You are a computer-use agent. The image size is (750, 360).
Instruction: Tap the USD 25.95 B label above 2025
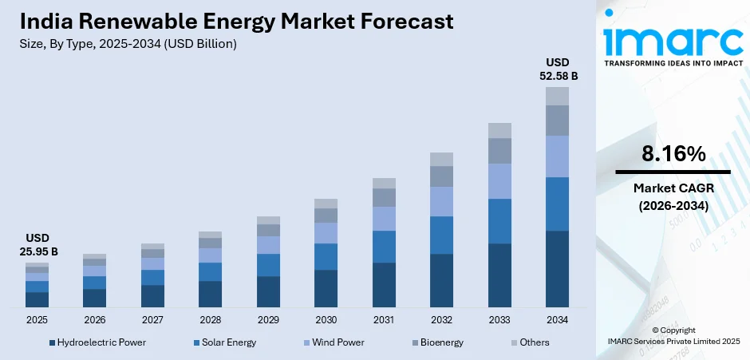(x=37, y=245)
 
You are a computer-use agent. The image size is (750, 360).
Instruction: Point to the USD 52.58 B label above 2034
(x=557, y=69)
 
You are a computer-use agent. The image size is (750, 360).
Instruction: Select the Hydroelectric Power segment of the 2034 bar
(x=557, y=269)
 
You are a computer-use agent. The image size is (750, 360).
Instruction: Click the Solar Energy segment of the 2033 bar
(x=499, y=221)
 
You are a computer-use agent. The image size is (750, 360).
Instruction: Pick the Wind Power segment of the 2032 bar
(x=441, y=201)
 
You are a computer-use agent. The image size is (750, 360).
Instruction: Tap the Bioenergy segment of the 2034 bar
(x=557, y=121)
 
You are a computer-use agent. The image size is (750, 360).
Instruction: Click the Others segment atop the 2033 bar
(x=499, y=130)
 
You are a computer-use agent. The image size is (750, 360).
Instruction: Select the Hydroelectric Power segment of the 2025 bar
(x=37, y=299)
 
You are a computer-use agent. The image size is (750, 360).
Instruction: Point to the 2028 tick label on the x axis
(x=210, y=319)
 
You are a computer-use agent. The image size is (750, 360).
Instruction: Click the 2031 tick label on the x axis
(x=384, y=319)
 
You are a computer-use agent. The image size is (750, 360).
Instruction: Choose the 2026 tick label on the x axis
(x=94, y=319)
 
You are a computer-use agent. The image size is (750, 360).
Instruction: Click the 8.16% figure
(x=673, y=154)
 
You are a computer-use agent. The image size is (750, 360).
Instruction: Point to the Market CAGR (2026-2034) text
(x=673, y=196)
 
